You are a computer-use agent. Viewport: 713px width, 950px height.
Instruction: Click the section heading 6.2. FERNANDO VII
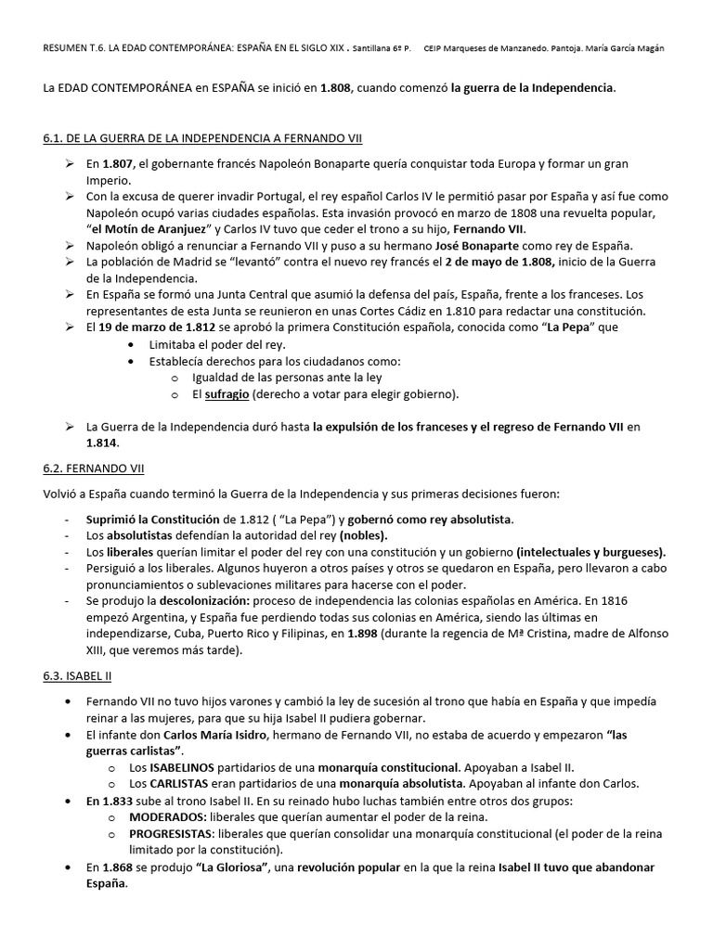tap(93, 469)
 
